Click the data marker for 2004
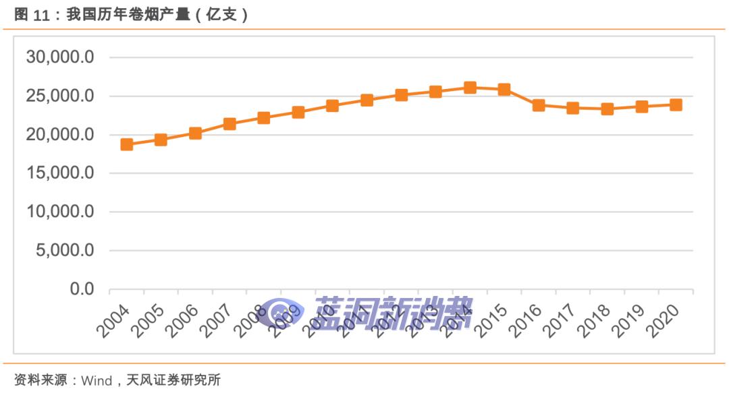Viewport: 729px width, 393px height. (126, 144)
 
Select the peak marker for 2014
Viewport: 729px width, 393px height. (470, 88)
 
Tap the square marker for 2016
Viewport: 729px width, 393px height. (539, 105)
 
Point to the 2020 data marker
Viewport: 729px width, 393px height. (676, 104)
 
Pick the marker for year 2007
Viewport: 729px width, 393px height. (230, 123)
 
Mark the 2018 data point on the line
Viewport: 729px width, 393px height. (607, 109)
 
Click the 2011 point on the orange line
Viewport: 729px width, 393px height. (367, 100)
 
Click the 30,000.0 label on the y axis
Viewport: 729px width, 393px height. (59, 57)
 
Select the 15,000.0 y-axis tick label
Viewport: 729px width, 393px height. (59, 173)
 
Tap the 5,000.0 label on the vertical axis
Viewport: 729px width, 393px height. (64, 251)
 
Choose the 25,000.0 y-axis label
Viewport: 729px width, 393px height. (59, 96)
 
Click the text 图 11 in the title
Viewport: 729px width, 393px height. (32, 16)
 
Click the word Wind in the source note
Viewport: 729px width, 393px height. (96, 380)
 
